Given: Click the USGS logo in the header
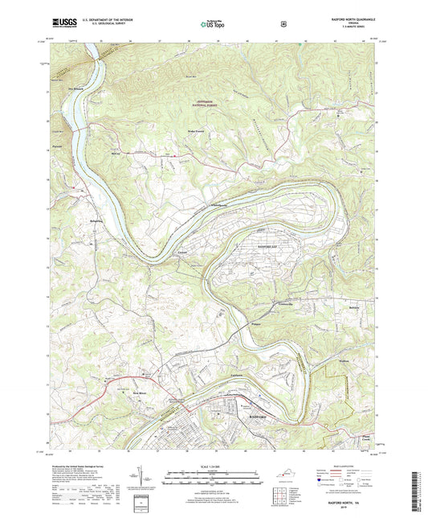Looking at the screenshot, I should click(x=61, y=24).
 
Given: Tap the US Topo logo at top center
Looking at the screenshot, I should click(x=212, y=25).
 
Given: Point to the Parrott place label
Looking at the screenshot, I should click(x=58, y=147).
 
